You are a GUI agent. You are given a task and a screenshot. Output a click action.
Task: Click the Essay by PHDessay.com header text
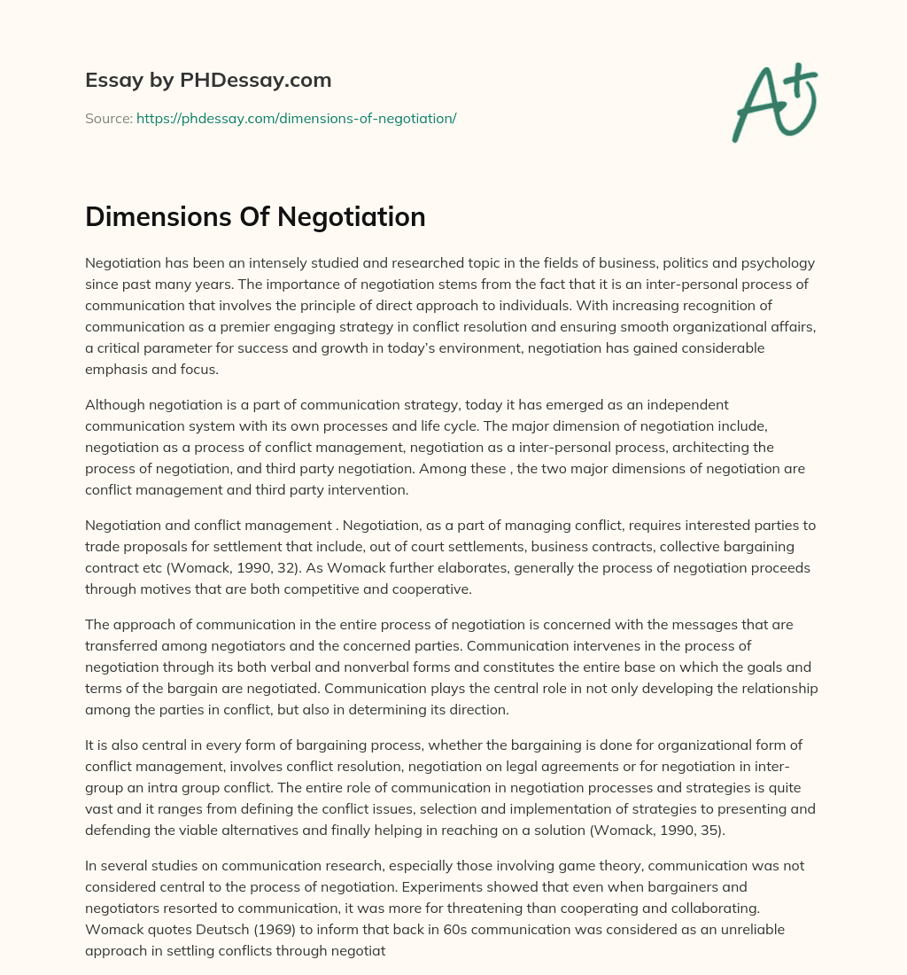point(208,81)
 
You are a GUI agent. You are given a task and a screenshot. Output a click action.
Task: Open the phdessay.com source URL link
point(296,118)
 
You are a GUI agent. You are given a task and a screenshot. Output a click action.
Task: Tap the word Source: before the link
point(108,118)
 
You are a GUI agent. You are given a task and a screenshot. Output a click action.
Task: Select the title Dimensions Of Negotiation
point(255,217)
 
